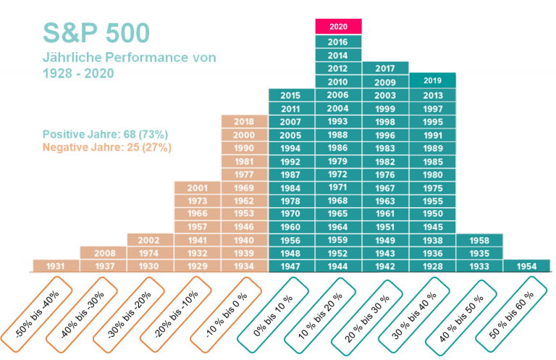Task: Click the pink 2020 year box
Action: coord(338,26)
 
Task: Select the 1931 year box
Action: coord(55,266)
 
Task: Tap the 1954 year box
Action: coord(526,266)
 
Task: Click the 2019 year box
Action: coord(432,80)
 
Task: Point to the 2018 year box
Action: coord(244,122)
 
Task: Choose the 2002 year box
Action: coord(149,240)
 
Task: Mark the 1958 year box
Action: coord(479,240)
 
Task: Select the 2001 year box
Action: coord(197,188)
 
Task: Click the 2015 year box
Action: coord(290,96)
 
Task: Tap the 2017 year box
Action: coord(385,69)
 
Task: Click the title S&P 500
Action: coord(96,33)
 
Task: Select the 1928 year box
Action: coord(432,266)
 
